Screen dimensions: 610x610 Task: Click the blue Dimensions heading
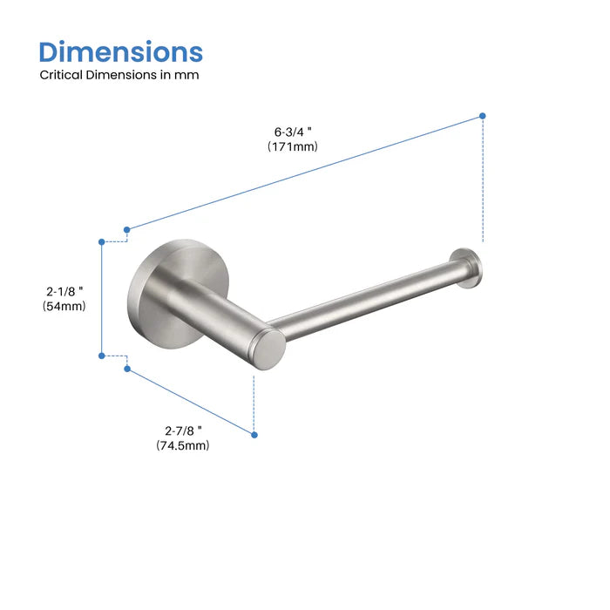click(x=121, y=51)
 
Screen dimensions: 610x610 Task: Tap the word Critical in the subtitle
click(x=61, y=75)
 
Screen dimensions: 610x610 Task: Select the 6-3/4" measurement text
click(x=293, y=132)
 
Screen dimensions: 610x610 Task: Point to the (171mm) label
click(x=293, y=146)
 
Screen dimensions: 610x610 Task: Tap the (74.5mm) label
click(x=183, y=445)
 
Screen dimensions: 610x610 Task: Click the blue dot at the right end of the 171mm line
click(x=483, y=115)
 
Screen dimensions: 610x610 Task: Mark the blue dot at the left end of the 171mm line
click(x=127, y=230)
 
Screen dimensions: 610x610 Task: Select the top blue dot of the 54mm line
click(x=102, y=241)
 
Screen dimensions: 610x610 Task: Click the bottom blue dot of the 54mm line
click(x=102, y=355)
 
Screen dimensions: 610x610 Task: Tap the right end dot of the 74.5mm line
click(x=254, y=433)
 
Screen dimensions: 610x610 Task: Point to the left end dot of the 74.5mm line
click(x=127, y=369)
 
